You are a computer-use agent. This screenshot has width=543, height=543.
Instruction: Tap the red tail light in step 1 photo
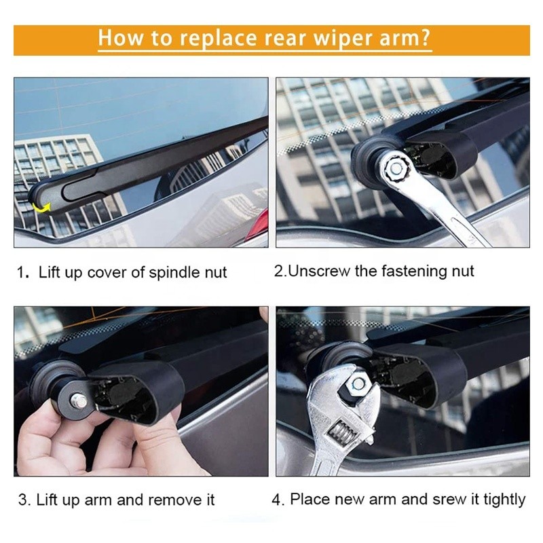click(259, 224)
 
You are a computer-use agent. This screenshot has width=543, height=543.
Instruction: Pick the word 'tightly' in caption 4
click(504, 500)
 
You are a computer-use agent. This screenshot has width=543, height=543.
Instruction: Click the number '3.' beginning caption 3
click(24, 501)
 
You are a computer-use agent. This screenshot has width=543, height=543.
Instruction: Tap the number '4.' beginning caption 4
click(278, 500)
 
